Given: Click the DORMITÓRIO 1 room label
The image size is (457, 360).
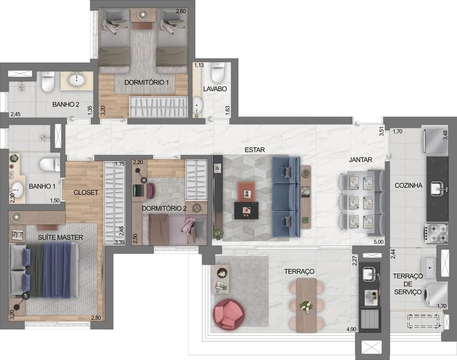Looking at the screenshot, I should [143, 83].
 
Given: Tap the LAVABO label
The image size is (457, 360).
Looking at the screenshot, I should [215, 89].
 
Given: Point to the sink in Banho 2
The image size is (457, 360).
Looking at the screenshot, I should [77, 80].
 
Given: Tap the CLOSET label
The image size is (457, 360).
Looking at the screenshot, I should [86, 193].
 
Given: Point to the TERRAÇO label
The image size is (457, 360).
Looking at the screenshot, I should [299, 271].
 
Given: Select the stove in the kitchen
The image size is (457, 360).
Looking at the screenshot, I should [436, 233].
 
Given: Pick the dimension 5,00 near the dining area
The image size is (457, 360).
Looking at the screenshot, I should [378, 242].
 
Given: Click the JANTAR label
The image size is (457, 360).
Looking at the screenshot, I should [361, 159].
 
